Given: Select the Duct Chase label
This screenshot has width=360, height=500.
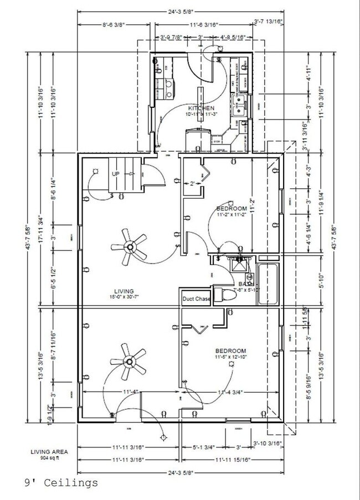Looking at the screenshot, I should (x=196, y=300).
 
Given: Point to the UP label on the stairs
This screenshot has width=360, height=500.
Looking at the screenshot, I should (x=116, y=174).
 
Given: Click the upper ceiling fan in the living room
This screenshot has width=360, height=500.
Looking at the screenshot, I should (x=129, y=246).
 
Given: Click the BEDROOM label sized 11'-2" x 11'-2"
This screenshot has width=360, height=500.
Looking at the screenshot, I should (x=231, y=209).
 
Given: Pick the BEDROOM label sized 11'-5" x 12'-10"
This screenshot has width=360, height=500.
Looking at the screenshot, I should (x=231, y=351).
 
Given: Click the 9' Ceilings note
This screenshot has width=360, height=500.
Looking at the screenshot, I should (x=61, y=483).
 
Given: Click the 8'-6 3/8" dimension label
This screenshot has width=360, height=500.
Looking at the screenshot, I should (x=114, y=25).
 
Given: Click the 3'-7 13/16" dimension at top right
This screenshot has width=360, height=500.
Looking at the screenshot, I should (x=268, y=22).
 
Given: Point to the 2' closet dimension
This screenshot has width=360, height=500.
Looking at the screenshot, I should (x=192, y=183).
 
